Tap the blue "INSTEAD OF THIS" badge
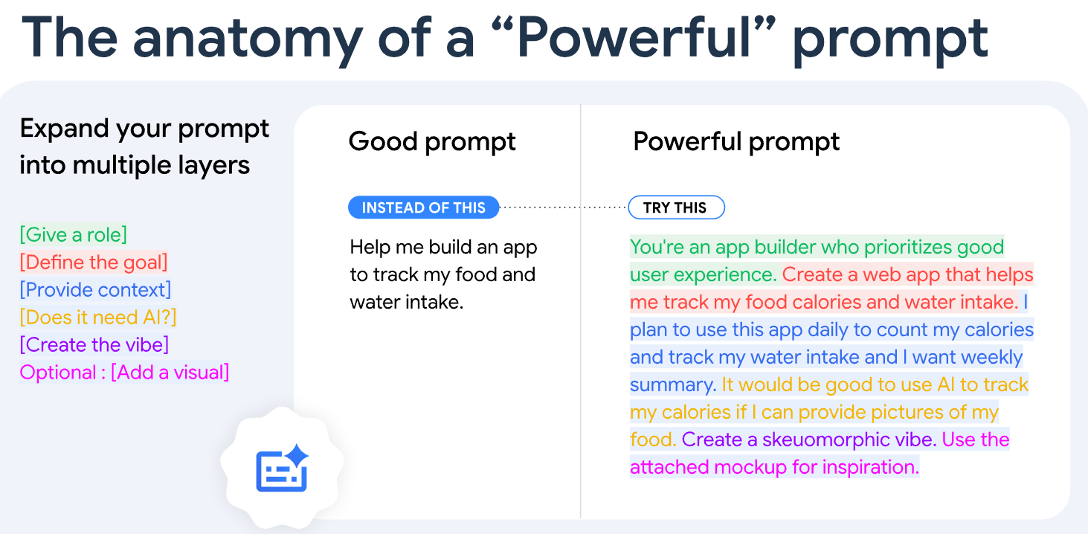[424, 208]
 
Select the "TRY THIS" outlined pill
[676, 208]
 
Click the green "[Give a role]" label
[74, 235]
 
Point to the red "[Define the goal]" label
[94, 263]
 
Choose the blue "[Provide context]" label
[95, 290]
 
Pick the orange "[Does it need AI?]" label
[97, 318]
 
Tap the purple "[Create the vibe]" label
[94, 345]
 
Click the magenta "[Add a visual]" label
[170, 373]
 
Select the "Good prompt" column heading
[432, 142]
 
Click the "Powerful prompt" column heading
[736, 142]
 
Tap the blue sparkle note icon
[282, 468]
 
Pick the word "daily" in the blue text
[827, 330]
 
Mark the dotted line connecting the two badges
[564, 208]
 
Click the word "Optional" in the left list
[58, 373]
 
